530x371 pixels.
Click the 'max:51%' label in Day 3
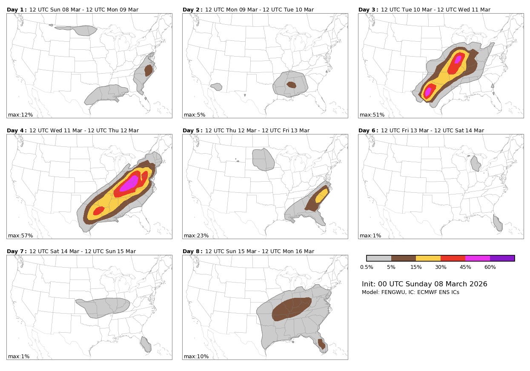(x=372, y=115)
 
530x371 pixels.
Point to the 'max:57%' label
(x=20, y=236)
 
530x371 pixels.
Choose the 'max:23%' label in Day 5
(x=196, y=236)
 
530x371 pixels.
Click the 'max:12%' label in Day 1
(x=20, y=115)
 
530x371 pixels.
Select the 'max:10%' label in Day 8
(x=196, y=357)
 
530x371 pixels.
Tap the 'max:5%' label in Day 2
(x=194, y=115)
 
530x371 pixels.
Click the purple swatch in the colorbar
(x=502, y=258)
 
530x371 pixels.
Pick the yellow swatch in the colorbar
(x=428, y=258)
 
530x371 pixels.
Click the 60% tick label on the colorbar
(x=490, y=267)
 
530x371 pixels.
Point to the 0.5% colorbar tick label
(x=367, y=267)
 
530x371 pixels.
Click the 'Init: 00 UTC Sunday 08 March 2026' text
(x=424, y=284)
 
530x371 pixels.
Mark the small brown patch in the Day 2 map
(x=291, y=85)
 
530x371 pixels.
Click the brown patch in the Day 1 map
(x=148, y=70)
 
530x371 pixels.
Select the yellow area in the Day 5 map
(x=322, y=196)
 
